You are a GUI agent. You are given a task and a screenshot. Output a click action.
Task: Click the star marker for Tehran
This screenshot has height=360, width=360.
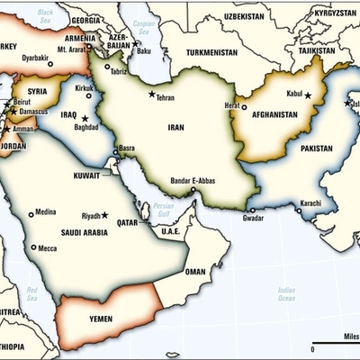(x=151, y=95)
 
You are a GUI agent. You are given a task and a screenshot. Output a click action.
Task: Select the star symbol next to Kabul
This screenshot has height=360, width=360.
(x=308, y=94)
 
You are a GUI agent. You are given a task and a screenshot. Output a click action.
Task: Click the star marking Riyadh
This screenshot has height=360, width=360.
(x=104, y=215)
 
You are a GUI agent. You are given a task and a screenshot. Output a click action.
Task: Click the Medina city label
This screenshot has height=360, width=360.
(x=45, y=212)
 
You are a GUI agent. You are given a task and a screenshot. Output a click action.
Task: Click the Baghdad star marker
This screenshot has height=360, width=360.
(x=85, y=118)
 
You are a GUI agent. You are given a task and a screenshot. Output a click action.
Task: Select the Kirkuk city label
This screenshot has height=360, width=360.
(x=84, y=87)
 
